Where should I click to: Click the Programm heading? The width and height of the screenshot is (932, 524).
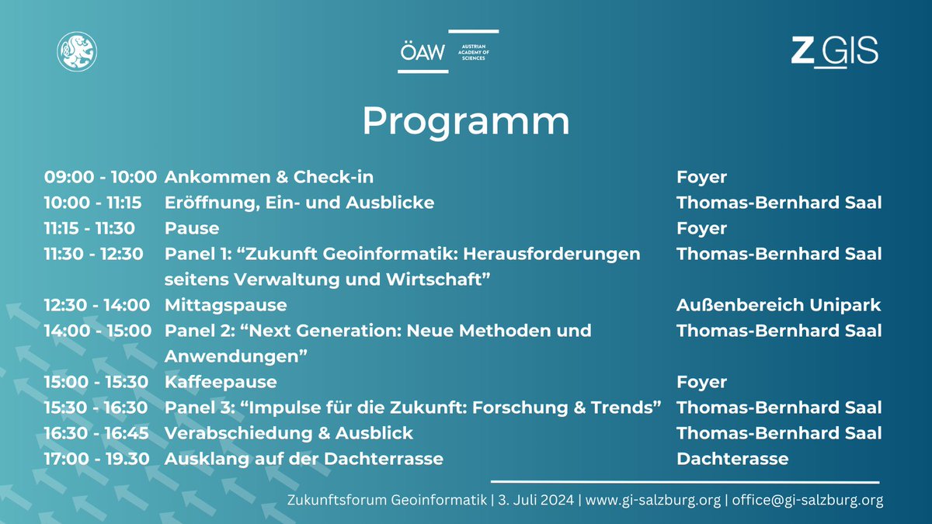(466, 121)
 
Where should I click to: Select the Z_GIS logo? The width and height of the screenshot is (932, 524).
(834, 51)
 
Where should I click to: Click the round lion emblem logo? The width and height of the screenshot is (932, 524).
(76, 51)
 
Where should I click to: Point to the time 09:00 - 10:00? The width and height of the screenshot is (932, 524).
(100, 177)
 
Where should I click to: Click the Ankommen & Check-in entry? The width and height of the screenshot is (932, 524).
(269, 177)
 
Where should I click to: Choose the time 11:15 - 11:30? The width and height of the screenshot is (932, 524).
(90, 228)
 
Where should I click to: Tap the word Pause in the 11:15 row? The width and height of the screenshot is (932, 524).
(192, 228)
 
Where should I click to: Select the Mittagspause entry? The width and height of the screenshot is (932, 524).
(225, 305)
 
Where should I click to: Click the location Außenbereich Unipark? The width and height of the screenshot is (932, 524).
(778, 305)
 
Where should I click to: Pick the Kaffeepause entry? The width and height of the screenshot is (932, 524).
(221, 382)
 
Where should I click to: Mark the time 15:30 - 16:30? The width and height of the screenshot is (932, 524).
(97, 408)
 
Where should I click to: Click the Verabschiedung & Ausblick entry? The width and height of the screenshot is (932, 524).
(289, 433)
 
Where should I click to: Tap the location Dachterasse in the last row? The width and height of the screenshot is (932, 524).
(732, 459)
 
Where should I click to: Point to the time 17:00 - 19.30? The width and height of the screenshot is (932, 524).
(97, 459)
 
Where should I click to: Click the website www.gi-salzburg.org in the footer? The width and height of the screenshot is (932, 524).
(652, 501)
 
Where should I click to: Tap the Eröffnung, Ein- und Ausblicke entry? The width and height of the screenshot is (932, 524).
(299, 203)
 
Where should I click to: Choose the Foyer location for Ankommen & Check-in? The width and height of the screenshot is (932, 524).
(701, 177)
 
